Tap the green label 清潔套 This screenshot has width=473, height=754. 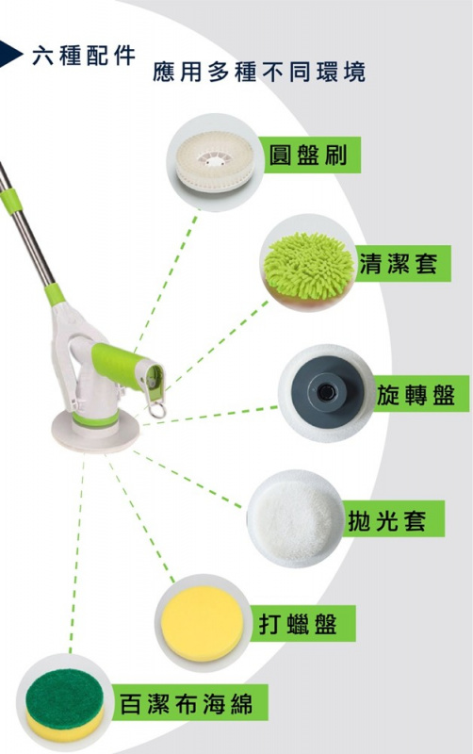(x=399, y=265)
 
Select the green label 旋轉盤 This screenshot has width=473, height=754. (x=415, y=395)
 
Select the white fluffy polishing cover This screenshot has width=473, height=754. (x=294, y=517)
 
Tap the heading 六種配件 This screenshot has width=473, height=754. (x=84, y=55)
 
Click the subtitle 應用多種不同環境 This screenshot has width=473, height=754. (x=259, y=72)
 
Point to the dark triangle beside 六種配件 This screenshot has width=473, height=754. (x=12, y=53)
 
